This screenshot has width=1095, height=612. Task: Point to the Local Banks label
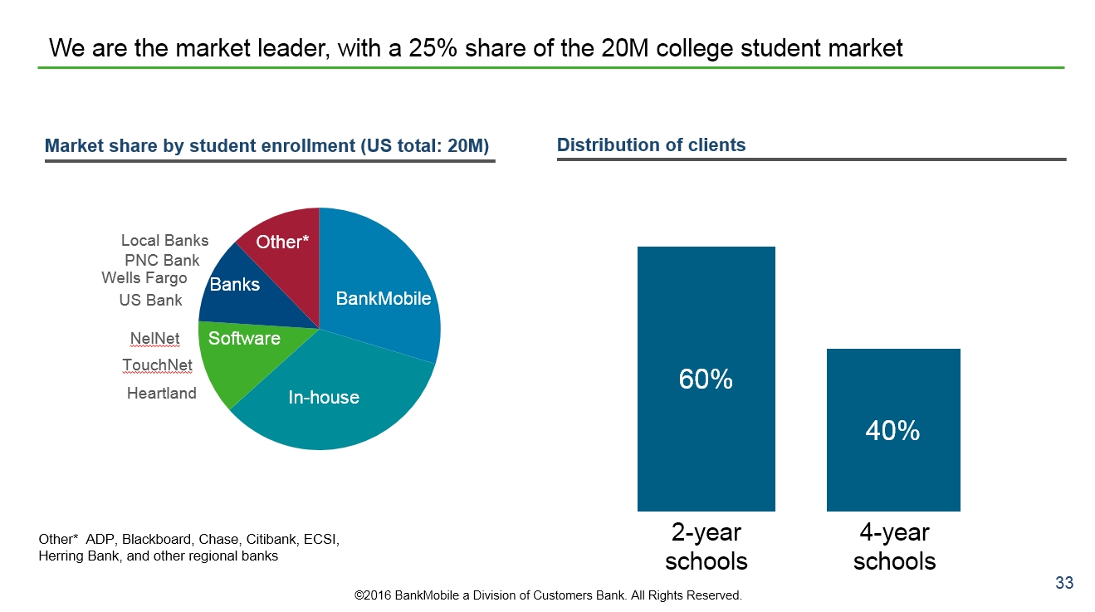[x=164, y=241]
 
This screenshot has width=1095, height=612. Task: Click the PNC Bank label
[x=162, y=261]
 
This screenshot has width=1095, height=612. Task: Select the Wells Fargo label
[x=144, y=277]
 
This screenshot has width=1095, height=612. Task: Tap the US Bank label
[x=150, y=300]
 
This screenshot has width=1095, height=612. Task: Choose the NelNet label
[x=154, y=339]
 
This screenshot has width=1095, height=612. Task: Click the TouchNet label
[x=157, y=365]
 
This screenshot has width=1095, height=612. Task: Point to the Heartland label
[x=161, y=394]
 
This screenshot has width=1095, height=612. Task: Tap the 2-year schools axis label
[x=706, y=546]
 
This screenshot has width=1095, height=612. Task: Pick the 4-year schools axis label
[x=894, y=546]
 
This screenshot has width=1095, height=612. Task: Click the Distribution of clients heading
[x=651, y=145]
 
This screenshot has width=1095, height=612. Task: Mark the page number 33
[x=1064, y=583]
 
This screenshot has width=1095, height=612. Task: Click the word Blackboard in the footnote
[x=154, y=540]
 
